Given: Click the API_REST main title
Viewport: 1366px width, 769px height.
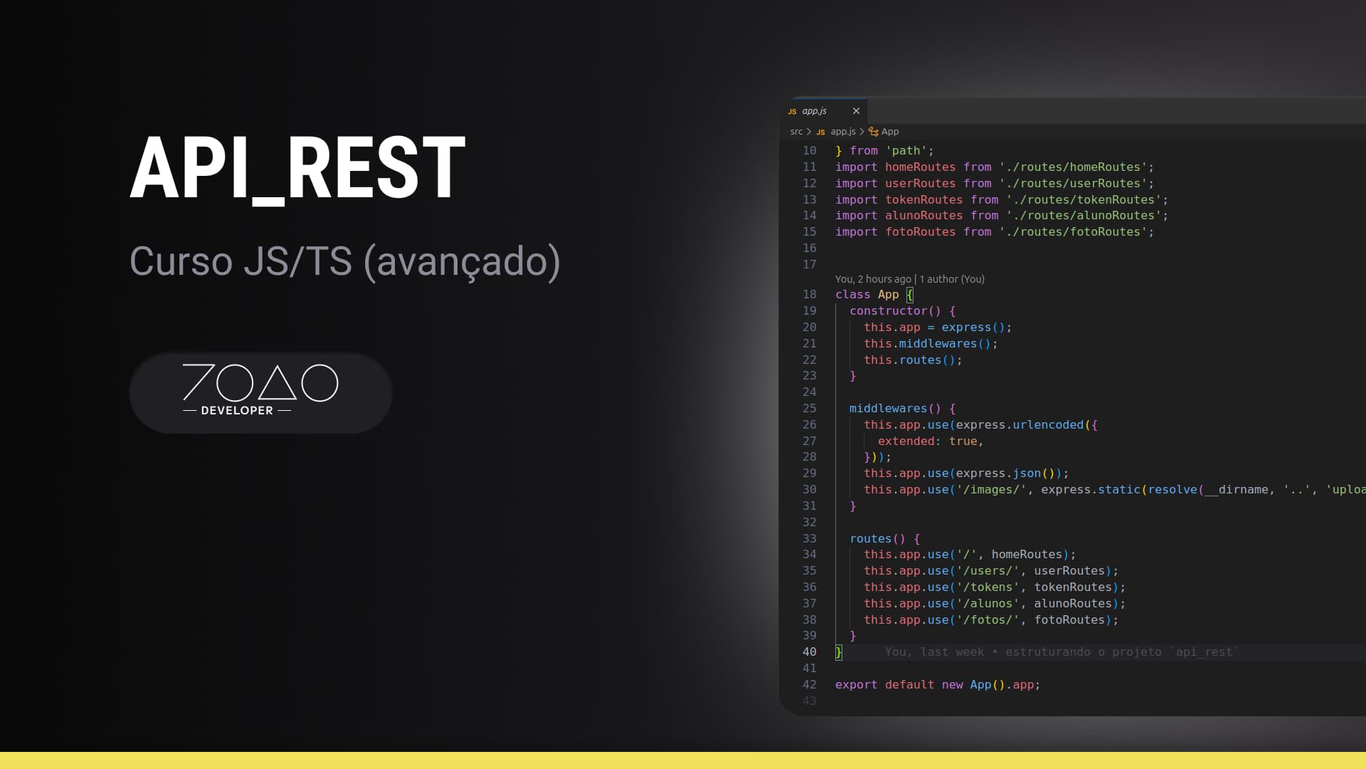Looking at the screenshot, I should tap(297, 168).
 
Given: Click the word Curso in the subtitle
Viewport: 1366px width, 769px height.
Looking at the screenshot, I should tap(181, 261).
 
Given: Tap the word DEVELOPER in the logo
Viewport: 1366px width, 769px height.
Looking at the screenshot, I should tap(237, 411).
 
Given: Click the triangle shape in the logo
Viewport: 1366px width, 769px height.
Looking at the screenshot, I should tap(277, 384).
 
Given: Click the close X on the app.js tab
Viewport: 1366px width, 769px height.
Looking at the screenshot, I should tap(856, 111).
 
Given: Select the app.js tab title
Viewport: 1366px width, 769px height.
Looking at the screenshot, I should tap(814, 111).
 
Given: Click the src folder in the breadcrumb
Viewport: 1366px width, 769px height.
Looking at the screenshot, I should tap(796, 132).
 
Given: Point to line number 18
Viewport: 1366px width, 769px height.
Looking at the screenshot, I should tap(810, 295).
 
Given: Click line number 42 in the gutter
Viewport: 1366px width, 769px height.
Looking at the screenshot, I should tap(810, 685).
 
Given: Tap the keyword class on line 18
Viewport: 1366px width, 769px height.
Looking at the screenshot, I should tap(852, 295).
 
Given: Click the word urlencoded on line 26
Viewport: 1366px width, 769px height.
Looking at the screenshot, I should tap(1048, 425).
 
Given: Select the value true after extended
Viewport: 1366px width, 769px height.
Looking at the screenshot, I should tap(963, 441).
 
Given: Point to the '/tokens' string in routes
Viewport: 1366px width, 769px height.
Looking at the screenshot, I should tap(988, 587).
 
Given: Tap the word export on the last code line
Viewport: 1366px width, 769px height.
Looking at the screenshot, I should tap(856, 685).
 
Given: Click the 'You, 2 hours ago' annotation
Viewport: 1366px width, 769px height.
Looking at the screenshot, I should tap(873, 279).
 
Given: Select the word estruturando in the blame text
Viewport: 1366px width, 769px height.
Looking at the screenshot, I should tap(1047, 652).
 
